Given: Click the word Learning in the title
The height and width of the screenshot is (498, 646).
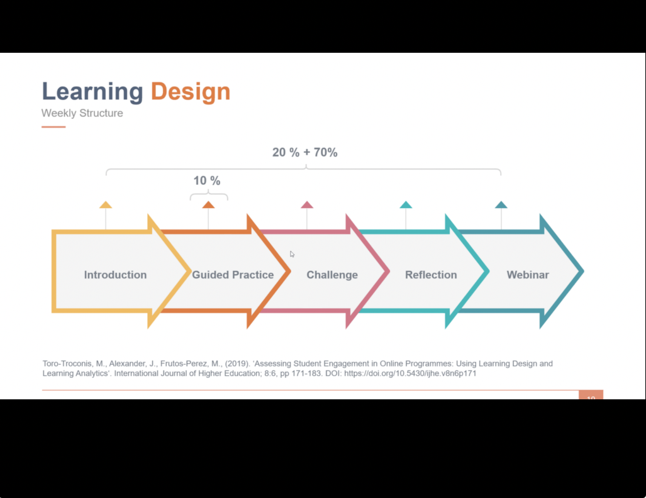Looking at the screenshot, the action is click(x=92, y=91).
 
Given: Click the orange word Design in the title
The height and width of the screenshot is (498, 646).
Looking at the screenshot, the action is click(x=191, y=91).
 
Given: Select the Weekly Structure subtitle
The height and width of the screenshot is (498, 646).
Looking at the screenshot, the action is click(x=82, y=113).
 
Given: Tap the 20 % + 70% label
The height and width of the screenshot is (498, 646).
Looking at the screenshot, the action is click(x=305, y=152).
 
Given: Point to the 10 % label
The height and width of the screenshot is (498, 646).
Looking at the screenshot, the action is click(x=207, y=180).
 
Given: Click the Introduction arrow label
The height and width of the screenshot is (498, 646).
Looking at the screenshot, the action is click(x=115, y=275).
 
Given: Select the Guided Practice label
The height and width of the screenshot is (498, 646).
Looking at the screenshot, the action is click(x=233, y=275).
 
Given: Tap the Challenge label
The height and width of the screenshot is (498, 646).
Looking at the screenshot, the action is click(x=332, y=275).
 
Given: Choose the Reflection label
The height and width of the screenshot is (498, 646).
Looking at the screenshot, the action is click(x=431, y=275).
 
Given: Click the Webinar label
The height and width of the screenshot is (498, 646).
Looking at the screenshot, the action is click(x=528, y=275).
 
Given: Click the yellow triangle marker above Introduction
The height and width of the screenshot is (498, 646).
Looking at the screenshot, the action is click(x=106, y=205).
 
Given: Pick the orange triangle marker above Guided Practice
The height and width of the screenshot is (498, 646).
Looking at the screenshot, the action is click(x=208, y=205).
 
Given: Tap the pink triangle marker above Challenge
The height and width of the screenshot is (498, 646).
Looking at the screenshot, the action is click(x=307, y=205).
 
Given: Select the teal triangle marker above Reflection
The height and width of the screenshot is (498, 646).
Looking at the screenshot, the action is click(x=406, y=205).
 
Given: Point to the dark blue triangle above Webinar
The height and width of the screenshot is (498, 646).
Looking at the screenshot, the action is click(x=501, y=205).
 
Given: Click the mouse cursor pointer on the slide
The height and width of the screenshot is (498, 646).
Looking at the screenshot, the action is click(x=292, y=254).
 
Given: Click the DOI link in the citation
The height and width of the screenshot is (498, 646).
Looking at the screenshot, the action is click(x=410, y=373).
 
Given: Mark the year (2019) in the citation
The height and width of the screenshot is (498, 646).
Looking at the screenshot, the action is click(x=237, y=363).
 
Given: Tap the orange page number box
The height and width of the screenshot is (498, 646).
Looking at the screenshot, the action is click(x=591, y=395).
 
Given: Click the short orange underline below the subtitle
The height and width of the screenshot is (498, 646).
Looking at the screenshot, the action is click(x=53, y=127).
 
